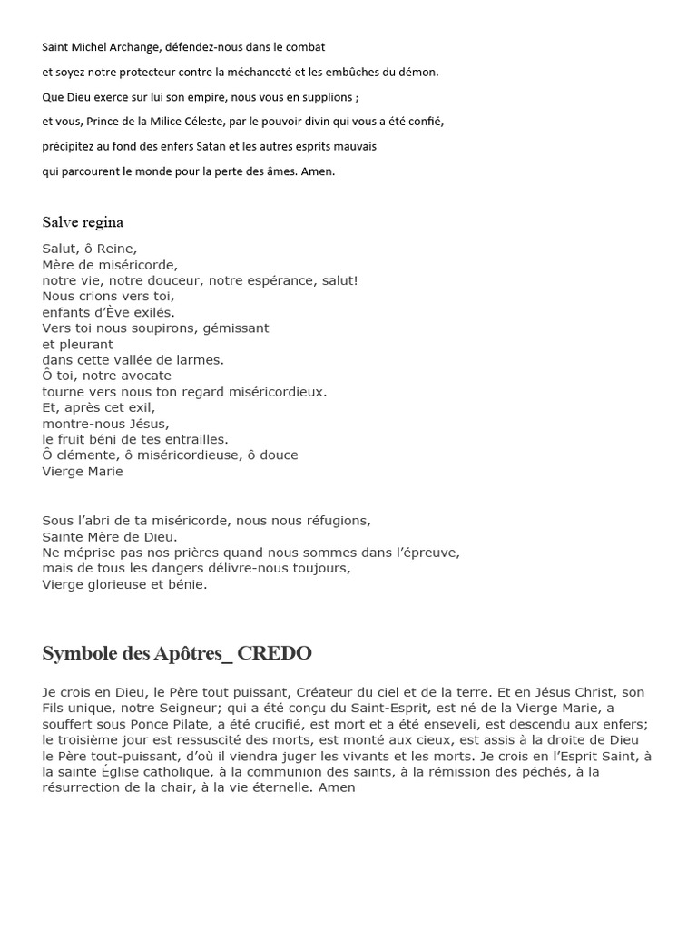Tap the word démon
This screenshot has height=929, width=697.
point(418,72)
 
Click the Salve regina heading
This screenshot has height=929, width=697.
point(83,222)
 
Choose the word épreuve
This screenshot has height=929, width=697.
point(431,553)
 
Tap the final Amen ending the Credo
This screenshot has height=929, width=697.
point(337,787)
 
